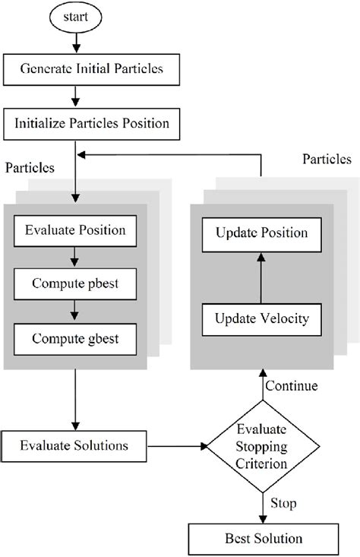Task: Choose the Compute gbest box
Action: (x=75, y=337)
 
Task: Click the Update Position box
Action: (x=262, y=233)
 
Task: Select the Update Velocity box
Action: (x=262, y=318)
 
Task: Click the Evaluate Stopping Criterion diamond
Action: (x=261, y=445)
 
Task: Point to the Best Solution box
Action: (x=263, y=539)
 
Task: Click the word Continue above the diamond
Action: (x=292, y=386)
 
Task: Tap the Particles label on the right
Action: (x=327, y=159)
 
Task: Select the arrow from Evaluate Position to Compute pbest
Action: (x=75, y=257)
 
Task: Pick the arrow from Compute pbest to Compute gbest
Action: (x=75, y=310)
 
